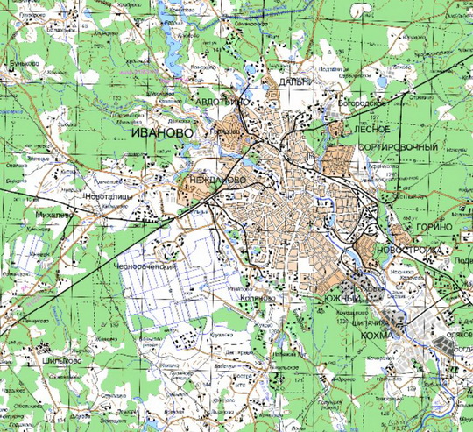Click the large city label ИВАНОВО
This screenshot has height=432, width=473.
[x=161, y=132]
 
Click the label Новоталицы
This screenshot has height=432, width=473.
[x=106, y=198]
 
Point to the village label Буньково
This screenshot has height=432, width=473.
[x=23, y=64]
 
